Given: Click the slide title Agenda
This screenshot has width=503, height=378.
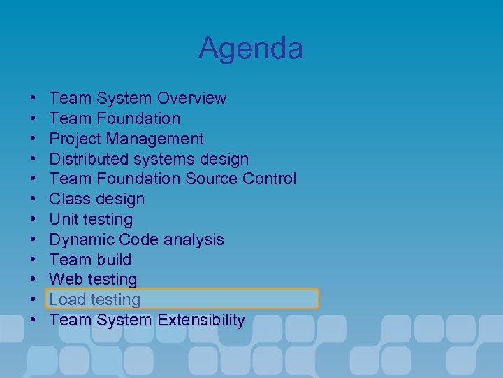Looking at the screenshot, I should point(251,48).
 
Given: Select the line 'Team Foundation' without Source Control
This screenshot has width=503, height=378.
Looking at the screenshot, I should point(115,118).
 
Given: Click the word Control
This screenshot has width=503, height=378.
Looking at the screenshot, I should point(270,179).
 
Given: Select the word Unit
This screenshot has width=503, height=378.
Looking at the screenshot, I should point(63,219).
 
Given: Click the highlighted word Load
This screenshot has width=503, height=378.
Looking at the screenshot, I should point(66,300).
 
